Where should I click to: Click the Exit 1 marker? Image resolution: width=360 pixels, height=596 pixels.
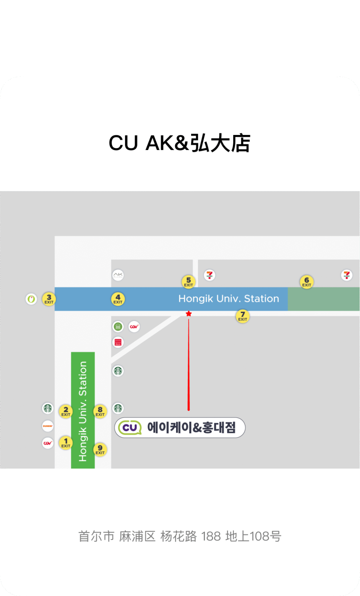(x=66, y=442)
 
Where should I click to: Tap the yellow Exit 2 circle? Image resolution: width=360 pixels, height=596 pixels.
(x=66, y=411)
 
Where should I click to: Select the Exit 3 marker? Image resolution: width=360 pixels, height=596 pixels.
(x=49, y=299)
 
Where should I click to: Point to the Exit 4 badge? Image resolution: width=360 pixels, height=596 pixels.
(x=118, y=299)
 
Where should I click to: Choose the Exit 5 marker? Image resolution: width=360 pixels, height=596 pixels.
(x=189, y=281)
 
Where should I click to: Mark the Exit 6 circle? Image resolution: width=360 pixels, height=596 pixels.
(x=306, y=281)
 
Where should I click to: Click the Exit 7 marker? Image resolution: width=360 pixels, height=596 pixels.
(x=243, y=316)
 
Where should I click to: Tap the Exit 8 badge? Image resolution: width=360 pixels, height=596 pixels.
(x=100, y=411)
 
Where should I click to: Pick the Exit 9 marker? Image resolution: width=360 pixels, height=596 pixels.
(x=100, y=449)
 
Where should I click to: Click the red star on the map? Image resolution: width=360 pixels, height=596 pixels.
(x=189, y=314)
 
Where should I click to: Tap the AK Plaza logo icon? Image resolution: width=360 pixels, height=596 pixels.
(x=118, y=275)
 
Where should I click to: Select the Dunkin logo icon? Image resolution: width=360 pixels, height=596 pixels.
(x=48, y=426)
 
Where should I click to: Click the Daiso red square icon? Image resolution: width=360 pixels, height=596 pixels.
(x=118, y=342)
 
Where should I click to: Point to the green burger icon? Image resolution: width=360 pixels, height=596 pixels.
(x=118, y=327)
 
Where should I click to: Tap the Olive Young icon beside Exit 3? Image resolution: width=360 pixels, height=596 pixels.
(x=31, y=299)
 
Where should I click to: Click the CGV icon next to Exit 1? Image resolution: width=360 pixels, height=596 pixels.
(x=48, y=443)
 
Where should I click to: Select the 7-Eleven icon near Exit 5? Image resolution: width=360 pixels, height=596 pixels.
(x=210, y=275)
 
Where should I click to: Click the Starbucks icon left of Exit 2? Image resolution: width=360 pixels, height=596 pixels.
(x=48, y=408)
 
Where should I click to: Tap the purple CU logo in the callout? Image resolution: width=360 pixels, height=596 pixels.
(x=130, y=428)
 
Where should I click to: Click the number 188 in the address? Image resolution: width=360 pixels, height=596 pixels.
(x=211, y=536)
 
